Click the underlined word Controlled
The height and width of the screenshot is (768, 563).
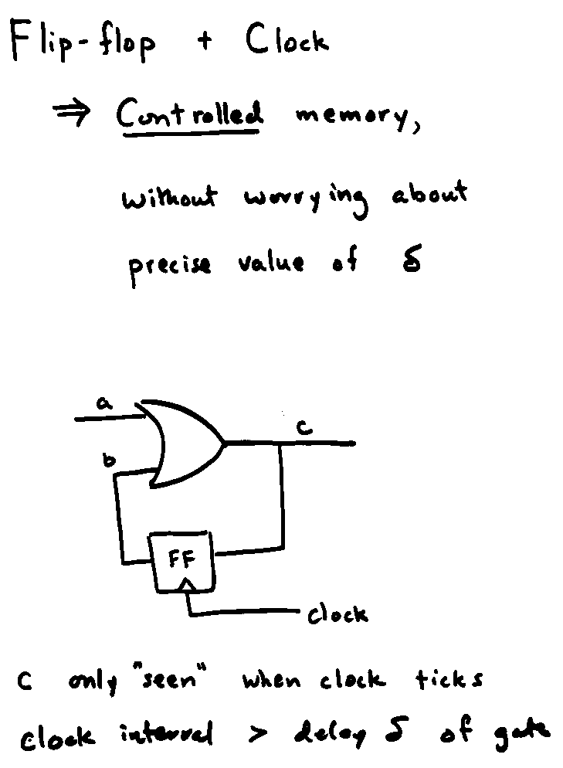coord(190,116)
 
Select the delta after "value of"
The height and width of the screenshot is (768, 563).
coord(409,262)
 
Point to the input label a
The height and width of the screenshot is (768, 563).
coord(102,403)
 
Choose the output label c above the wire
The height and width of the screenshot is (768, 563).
coord(306,427)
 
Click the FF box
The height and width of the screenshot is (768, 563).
coord(182,561)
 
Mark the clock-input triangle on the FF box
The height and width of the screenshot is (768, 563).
coord(185,589)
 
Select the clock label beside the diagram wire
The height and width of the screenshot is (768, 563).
coord(337,615)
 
